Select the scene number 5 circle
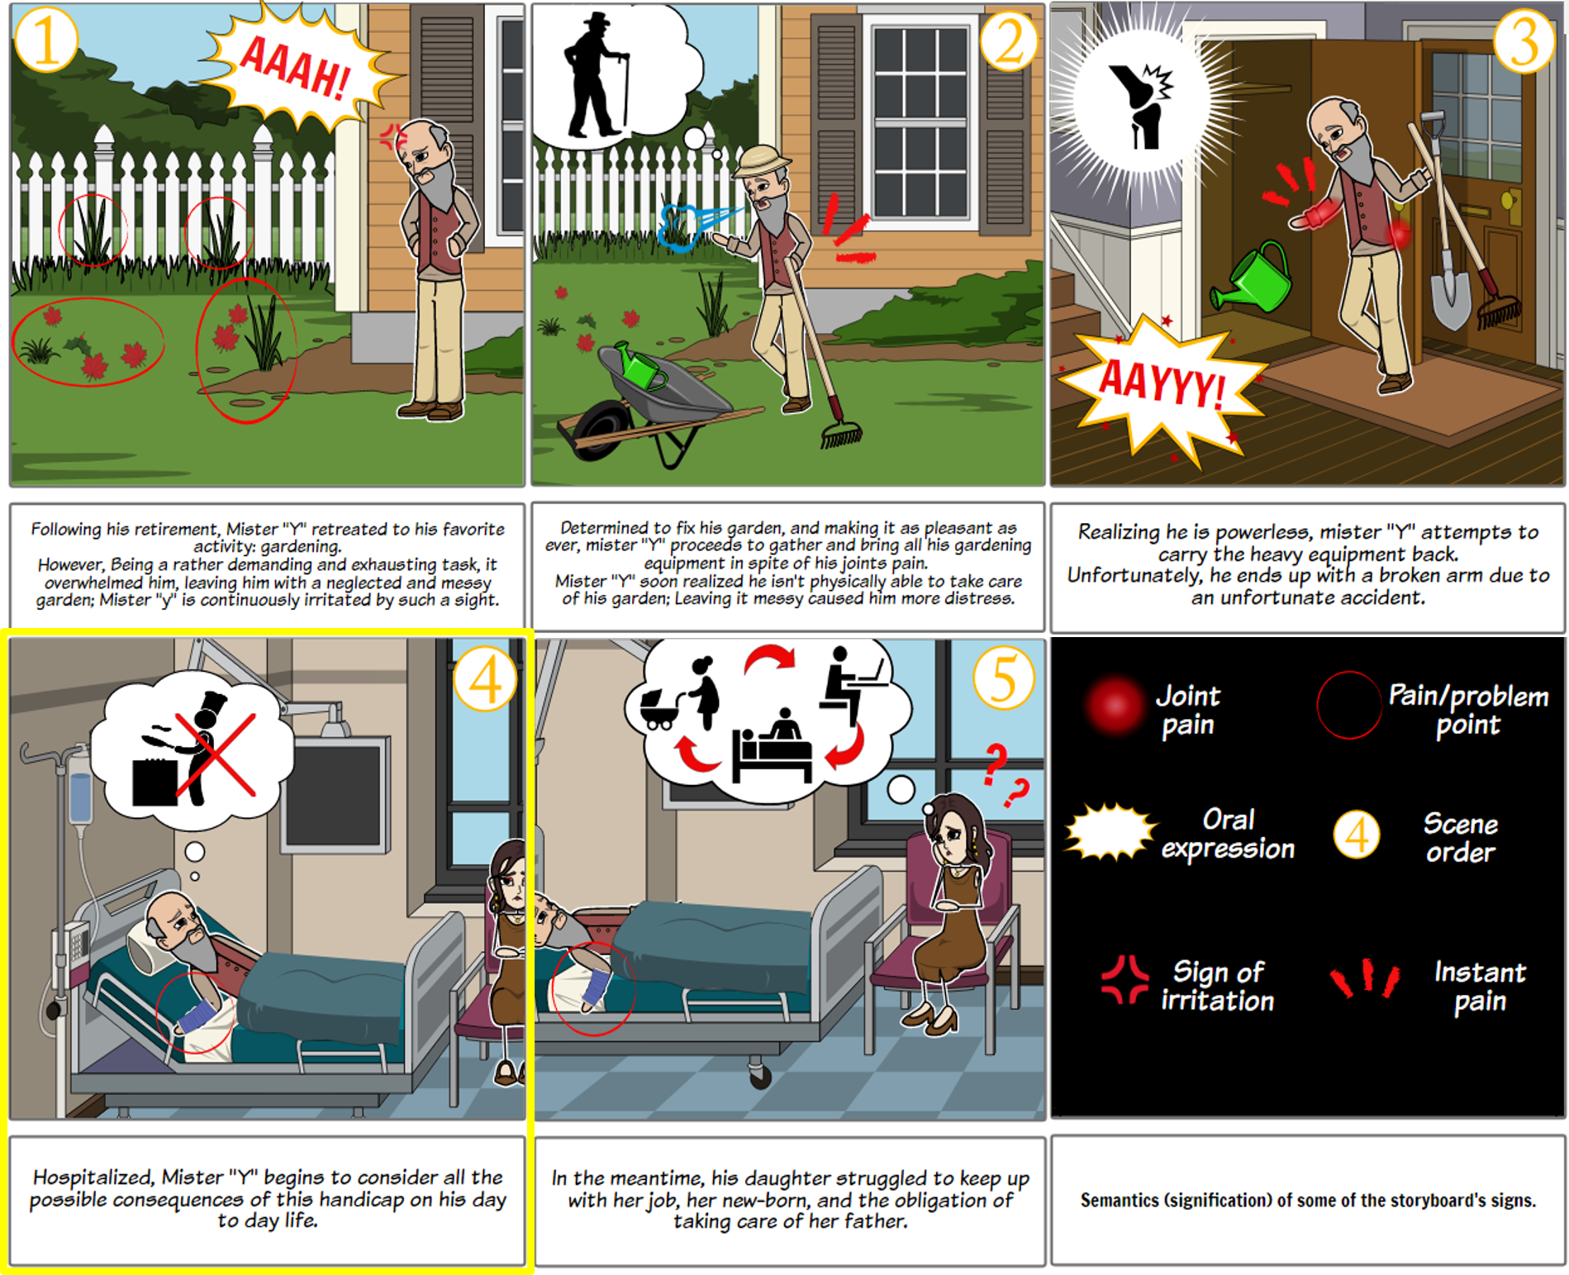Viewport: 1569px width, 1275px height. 1003,678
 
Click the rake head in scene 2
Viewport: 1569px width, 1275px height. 841,434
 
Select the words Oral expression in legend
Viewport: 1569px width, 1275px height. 1228,834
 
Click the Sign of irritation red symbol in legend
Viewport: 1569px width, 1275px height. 1124,979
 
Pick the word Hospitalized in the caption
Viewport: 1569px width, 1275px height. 93,1177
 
